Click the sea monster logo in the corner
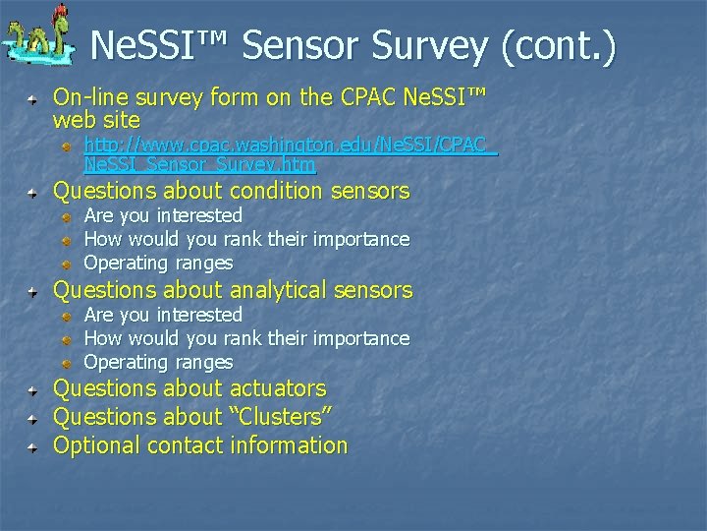click(x=37, y=37)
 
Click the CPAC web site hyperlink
click(x=291, y=154)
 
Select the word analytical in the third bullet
click(x=278, y=290)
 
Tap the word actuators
click(x=277, y=389)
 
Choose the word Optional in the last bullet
click(x=97, y=445)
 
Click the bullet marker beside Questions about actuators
click(x=33, y=391)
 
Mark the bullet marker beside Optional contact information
click(x=33, y=447)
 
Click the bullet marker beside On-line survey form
click(x=33, y=99)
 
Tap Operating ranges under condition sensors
click(x=158, y=263)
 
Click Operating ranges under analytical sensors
click(x=158, y=362)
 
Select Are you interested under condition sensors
click(x=163, y=215)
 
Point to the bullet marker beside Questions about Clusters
click(x=33, y=419)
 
